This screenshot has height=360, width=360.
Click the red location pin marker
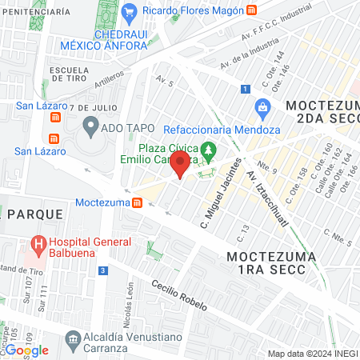coord(181,165)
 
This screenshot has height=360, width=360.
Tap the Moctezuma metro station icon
coord(138,202)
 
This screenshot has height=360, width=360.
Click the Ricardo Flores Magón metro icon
coord(252,10)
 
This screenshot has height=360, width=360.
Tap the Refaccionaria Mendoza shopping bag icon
coord(262,107)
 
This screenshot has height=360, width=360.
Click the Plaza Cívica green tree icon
coord(209,149)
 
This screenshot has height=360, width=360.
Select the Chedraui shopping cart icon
coord(130,13)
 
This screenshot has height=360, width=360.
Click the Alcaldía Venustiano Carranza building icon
coord(74,342)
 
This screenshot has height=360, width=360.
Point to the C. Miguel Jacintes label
coord(222,191)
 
